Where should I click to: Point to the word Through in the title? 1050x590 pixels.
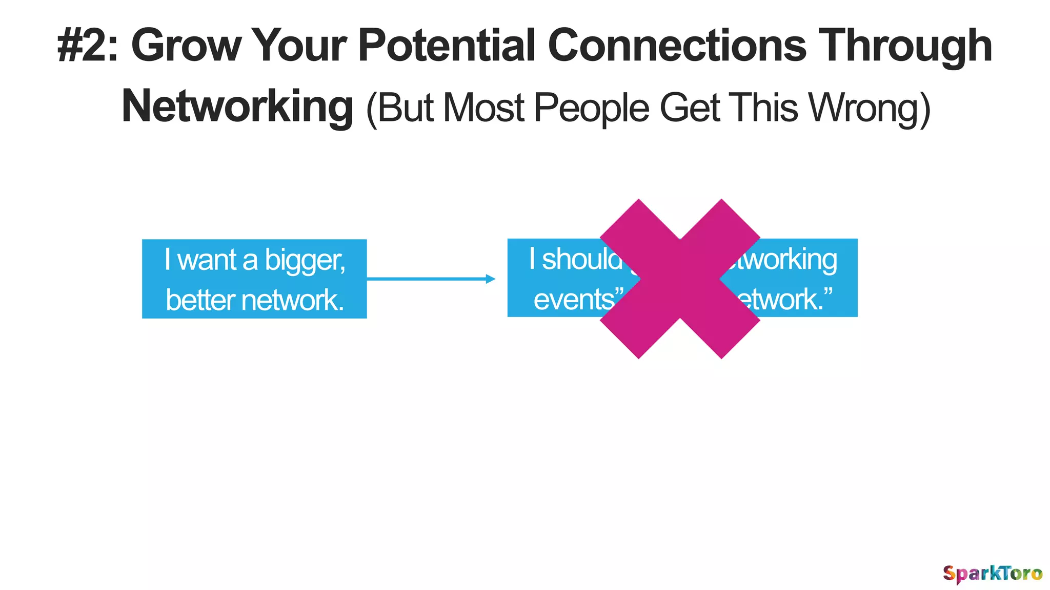tap(905, 46)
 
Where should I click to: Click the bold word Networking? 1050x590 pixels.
tap(237, 107)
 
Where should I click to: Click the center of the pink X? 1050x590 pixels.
tap(680, 279)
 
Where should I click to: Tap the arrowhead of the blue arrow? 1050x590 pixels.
tap(491, 279)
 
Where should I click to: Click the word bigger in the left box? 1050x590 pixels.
tap(305, 260)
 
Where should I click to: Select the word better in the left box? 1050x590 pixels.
tap(199, 300)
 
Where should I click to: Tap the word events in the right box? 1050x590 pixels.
tap(574, 299)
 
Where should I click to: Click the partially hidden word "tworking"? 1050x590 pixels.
tap(784, 259)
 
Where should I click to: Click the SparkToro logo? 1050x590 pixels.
tap(992, 573)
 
